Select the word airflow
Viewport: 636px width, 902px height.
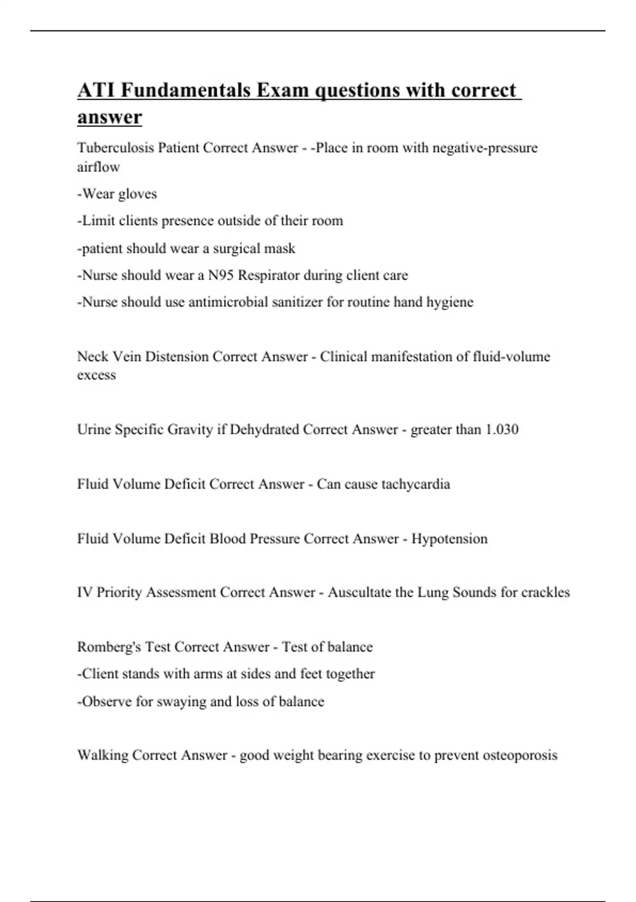point(99,167)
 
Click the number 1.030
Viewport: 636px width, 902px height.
point(501,429)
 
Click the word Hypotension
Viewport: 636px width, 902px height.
point(449,539)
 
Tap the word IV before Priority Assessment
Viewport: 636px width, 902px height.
point(84,592)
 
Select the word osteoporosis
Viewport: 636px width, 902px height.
point(520,755)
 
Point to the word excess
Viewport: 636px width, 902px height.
point(96,375)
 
